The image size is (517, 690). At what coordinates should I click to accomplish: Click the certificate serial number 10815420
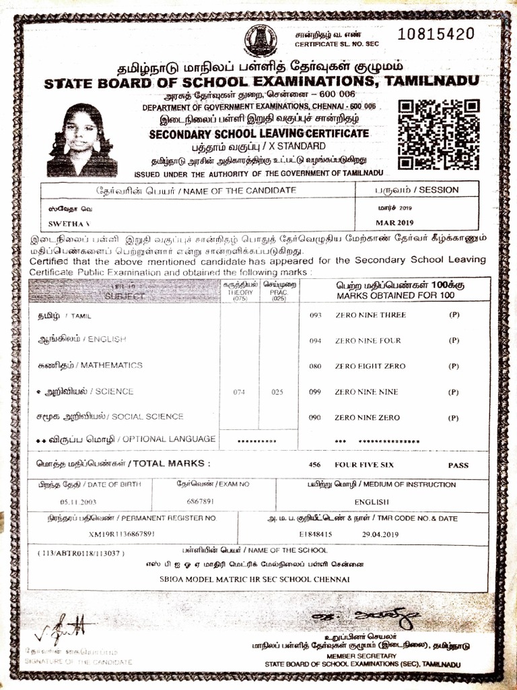[x=436, y=34]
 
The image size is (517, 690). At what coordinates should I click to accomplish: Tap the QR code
[x=438, y=135]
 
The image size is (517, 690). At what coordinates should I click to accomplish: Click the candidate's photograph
[x=82, y=140]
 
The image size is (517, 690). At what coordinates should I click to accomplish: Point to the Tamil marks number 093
[x=315, y=315]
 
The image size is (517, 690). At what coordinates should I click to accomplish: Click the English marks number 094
[x=315, y=341]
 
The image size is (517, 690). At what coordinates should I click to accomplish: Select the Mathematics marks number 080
[x=315, y=367]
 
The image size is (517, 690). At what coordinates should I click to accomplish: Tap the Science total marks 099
[x=315, y=392]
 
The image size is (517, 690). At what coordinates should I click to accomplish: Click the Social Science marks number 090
[x=315, y=418]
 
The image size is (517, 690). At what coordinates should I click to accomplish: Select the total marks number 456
[x=314, y=465]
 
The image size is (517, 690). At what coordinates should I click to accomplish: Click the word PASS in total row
[x=458, y=465]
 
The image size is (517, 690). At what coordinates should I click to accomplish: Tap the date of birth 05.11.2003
[x=79, y=502]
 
